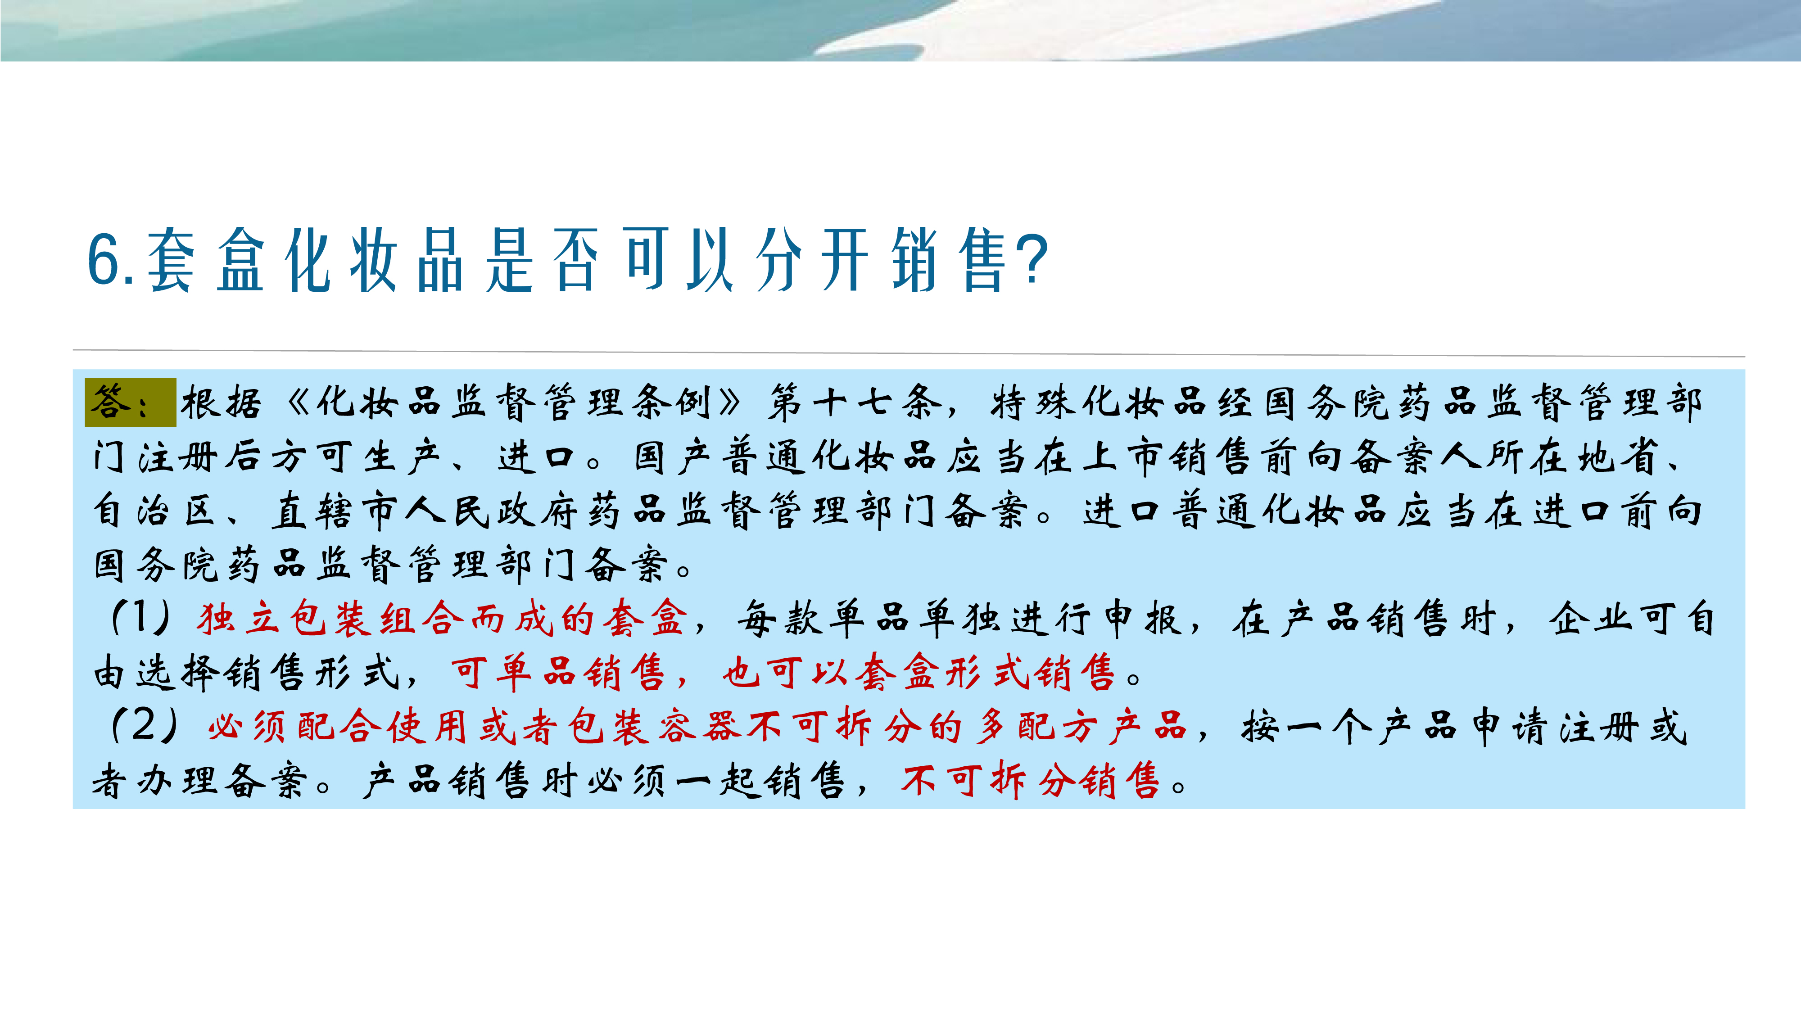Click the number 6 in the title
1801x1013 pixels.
click(105, 259)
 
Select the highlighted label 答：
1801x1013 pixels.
click(131, 402)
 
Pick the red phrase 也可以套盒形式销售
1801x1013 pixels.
click(918, 673)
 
